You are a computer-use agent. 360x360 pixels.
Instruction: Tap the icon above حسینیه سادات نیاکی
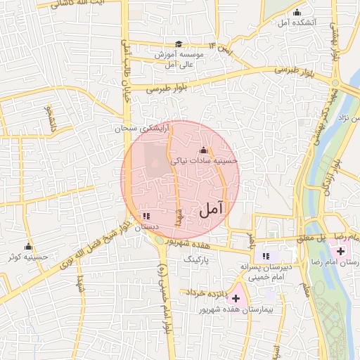click(204, 150)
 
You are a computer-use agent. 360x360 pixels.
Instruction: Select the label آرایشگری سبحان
click(143, 129)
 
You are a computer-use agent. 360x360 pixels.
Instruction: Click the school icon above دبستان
click(146, 217)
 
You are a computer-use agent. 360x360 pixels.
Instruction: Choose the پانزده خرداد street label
click(205, 292)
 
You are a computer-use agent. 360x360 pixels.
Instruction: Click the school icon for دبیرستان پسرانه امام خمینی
click(266, 257)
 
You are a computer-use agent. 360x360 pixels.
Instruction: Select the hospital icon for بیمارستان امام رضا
click(341, 251)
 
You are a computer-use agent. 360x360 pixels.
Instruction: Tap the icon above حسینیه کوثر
click(29, 247)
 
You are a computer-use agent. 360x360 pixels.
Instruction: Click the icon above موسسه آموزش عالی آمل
click(179, 44)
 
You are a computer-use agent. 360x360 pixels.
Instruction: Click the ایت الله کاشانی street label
click(82, 4)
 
